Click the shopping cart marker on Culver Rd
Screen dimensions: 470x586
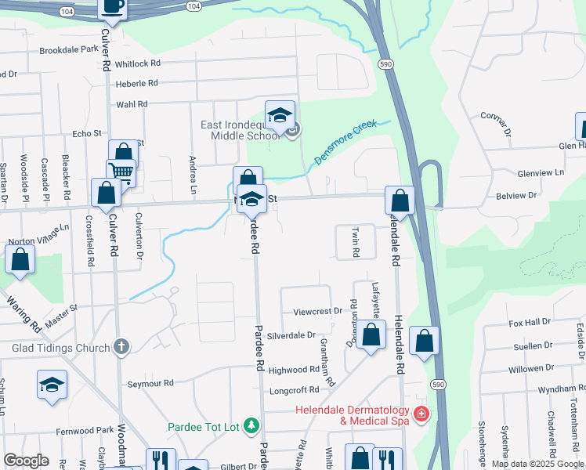click(x=121, y=172)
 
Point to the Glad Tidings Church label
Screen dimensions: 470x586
click(x=60, y=346)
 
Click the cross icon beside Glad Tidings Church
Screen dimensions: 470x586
click(x=121, y=345)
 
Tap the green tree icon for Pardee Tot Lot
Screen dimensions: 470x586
click(x=251, y=426)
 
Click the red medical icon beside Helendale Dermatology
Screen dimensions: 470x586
click(x=421, y=413)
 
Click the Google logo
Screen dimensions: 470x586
click(x=26, y=461)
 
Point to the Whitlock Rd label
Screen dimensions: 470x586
click(x=137, y=63)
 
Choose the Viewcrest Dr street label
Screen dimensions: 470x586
click(x=317, y=311)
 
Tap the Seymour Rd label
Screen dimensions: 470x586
click(x=150, y=383)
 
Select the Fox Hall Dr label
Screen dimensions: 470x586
click(x=530, y=322)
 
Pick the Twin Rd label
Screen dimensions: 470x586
click(x=355, y=242)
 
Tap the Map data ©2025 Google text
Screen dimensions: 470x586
click(x=537, y=464)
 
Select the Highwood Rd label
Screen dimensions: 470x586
click(x=294, y=370)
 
